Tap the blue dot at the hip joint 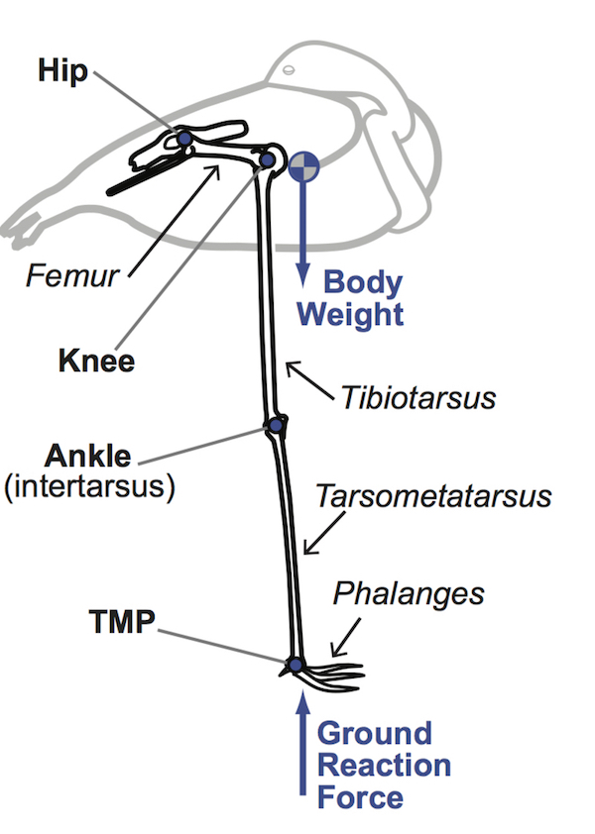[184, 139]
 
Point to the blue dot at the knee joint [267, 158]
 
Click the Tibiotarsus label [417, 397]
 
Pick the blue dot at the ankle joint [275, 426]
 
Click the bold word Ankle [87, 458]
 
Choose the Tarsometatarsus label [433, 496]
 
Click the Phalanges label [408, 593]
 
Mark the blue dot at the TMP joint [295, 664]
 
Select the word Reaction [384, 766]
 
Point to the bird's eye [288, 71]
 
